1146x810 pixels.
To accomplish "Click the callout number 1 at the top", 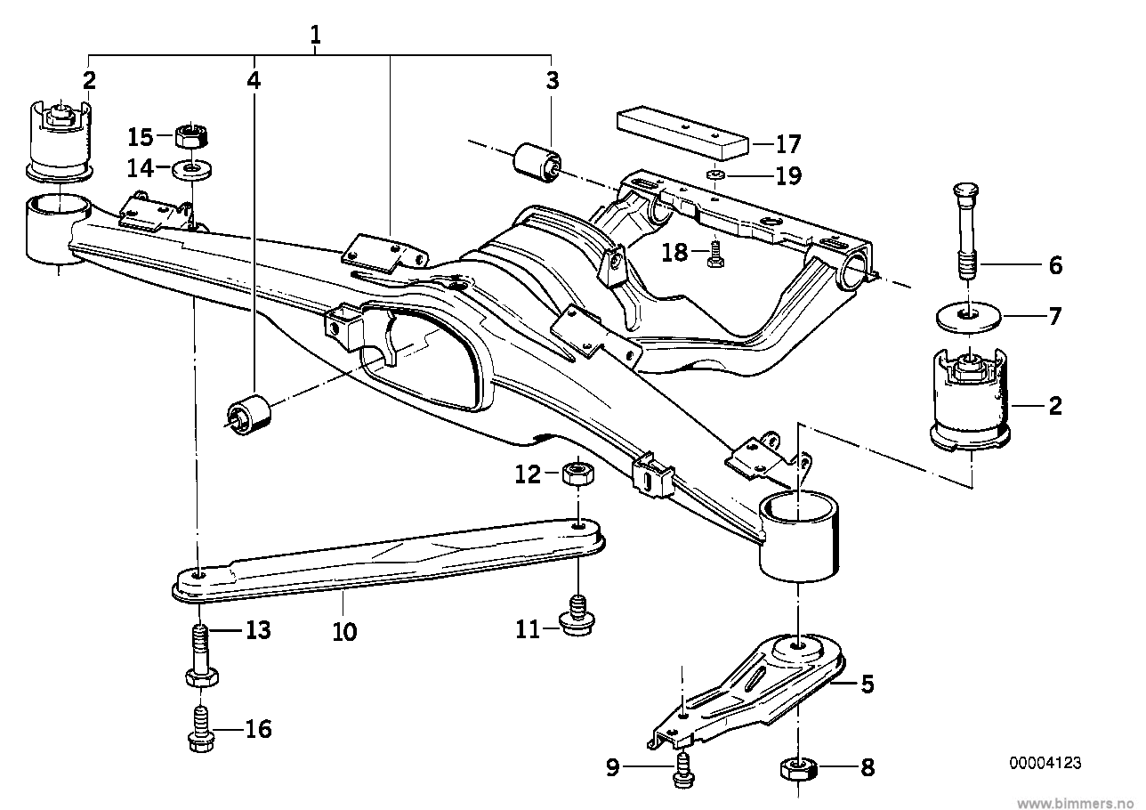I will [x=315, y=36].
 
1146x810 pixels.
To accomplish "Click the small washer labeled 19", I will [x=714, y=174].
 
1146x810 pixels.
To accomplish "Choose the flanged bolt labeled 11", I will [x=579, y=617].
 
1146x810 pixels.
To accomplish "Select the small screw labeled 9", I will [x=683, y=767].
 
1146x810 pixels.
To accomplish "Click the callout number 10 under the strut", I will [x=344, y=633].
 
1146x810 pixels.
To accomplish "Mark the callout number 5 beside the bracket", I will [x=867, y=684].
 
